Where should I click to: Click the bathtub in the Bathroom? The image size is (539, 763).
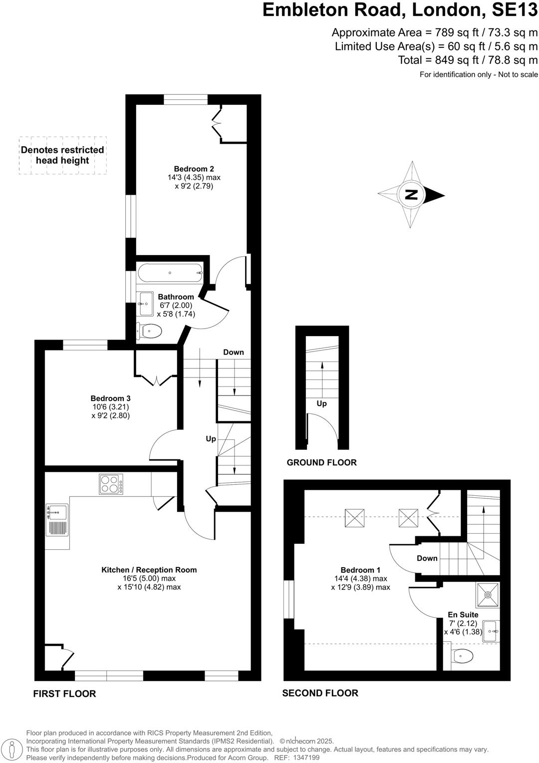tap(170, 273)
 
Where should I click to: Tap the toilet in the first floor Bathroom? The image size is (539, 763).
tap(150, 331)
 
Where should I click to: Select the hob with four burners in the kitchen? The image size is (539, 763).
tap(111, 484)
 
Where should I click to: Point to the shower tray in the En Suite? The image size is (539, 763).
tap(488, 594)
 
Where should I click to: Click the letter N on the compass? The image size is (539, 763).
tap(411, 195)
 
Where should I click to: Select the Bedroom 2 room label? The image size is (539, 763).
tap(194, 169)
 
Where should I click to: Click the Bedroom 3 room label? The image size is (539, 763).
tap(110, 398)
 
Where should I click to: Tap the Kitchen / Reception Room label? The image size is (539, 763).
tap(149, 570)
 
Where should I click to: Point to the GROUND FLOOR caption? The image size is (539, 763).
tap(321, 462)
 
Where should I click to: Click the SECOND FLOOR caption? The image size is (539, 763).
tap(320, 693)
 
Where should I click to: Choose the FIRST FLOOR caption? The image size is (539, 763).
tap(64, 694)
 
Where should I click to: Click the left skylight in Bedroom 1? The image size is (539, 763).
tap(354, 518)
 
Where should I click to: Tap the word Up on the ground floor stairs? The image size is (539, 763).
tap(321, 403)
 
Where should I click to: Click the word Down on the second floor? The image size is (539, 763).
tap(427, 558)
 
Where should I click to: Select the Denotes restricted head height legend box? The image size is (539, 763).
tap(62, 155)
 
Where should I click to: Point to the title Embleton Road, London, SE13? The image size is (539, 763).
tap(400, 10)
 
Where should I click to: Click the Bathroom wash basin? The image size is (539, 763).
tap(146, 304)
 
